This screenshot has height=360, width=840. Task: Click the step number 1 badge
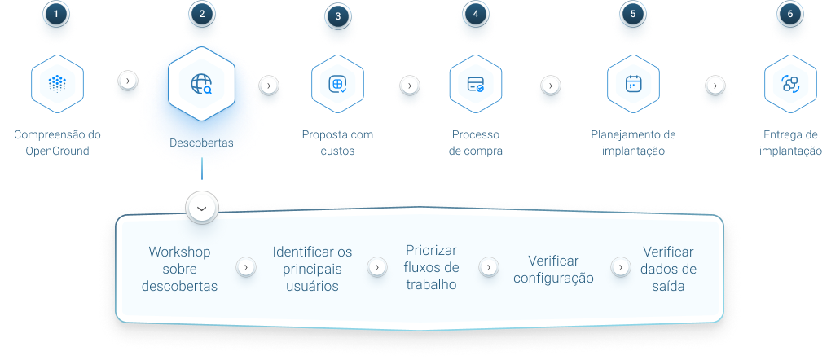click(x=57, y=14)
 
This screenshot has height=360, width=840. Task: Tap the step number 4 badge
click(x=476, y=14)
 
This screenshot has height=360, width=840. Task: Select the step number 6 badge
click(x=790, y=14)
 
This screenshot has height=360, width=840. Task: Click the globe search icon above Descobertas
click(x=201, y=84)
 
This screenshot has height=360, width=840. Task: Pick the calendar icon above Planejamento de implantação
click(x=633, y=84)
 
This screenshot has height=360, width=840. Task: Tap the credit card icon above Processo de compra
click(x=476, y=84)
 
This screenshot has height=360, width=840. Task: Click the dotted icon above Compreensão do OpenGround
click(x=57, y=84)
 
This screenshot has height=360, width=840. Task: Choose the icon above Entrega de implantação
click(x=790, y=84)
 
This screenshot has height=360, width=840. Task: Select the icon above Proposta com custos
click(x=337, y=84)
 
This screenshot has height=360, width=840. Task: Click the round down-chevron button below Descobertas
click(x=202, y=209)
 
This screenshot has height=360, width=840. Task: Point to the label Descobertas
click(x=201, y=143)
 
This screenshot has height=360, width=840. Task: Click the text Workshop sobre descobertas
click(x=179, y=269)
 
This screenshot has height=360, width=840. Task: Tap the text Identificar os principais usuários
click(x=312, y=269)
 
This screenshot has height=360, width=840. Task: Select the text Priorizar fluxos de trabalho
click(x=431, y=267)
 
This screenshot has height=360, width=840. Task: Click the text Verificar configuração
click(x=553, y=270)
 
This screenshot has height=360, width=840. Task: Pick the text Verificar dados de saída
click(x=669, y=269)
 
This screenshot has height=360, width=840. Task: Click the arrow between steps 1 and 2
click(x=127, y=81)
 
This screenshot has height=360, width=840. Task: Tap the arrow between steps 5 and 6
click(x=715, y=85)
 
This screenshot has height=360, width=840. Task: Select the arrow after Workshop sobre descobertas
click(x=246, y=267)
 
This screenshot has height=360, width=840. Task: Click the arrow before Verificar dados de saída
click(x=621, y=267)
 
